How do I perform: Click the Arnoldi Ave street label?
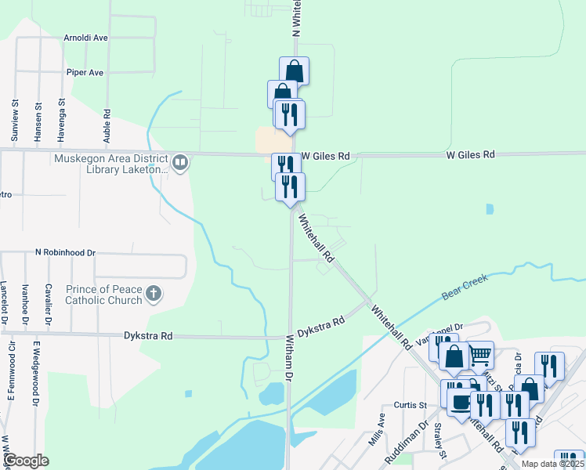point(86,38)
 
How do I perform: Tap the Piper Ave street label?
point(85,73)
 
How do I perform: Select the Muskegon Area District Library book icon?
point(181,162)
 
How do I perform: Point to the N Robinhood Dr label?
point(65,253)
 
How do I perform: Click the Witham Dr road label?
point(289,358)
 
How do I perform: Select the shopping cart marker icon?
point(479,355)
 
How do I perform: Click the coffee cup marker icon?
point(459,402)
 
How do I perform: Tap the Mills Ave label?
point(377,430)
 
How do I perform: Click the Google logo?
point(25,461)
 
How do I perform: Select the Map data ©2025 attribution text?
point(552,464)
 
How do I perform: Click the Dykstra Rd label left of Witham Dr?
point(148,336)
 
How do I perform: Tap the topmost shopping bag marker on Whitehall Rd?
point(294,70)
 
